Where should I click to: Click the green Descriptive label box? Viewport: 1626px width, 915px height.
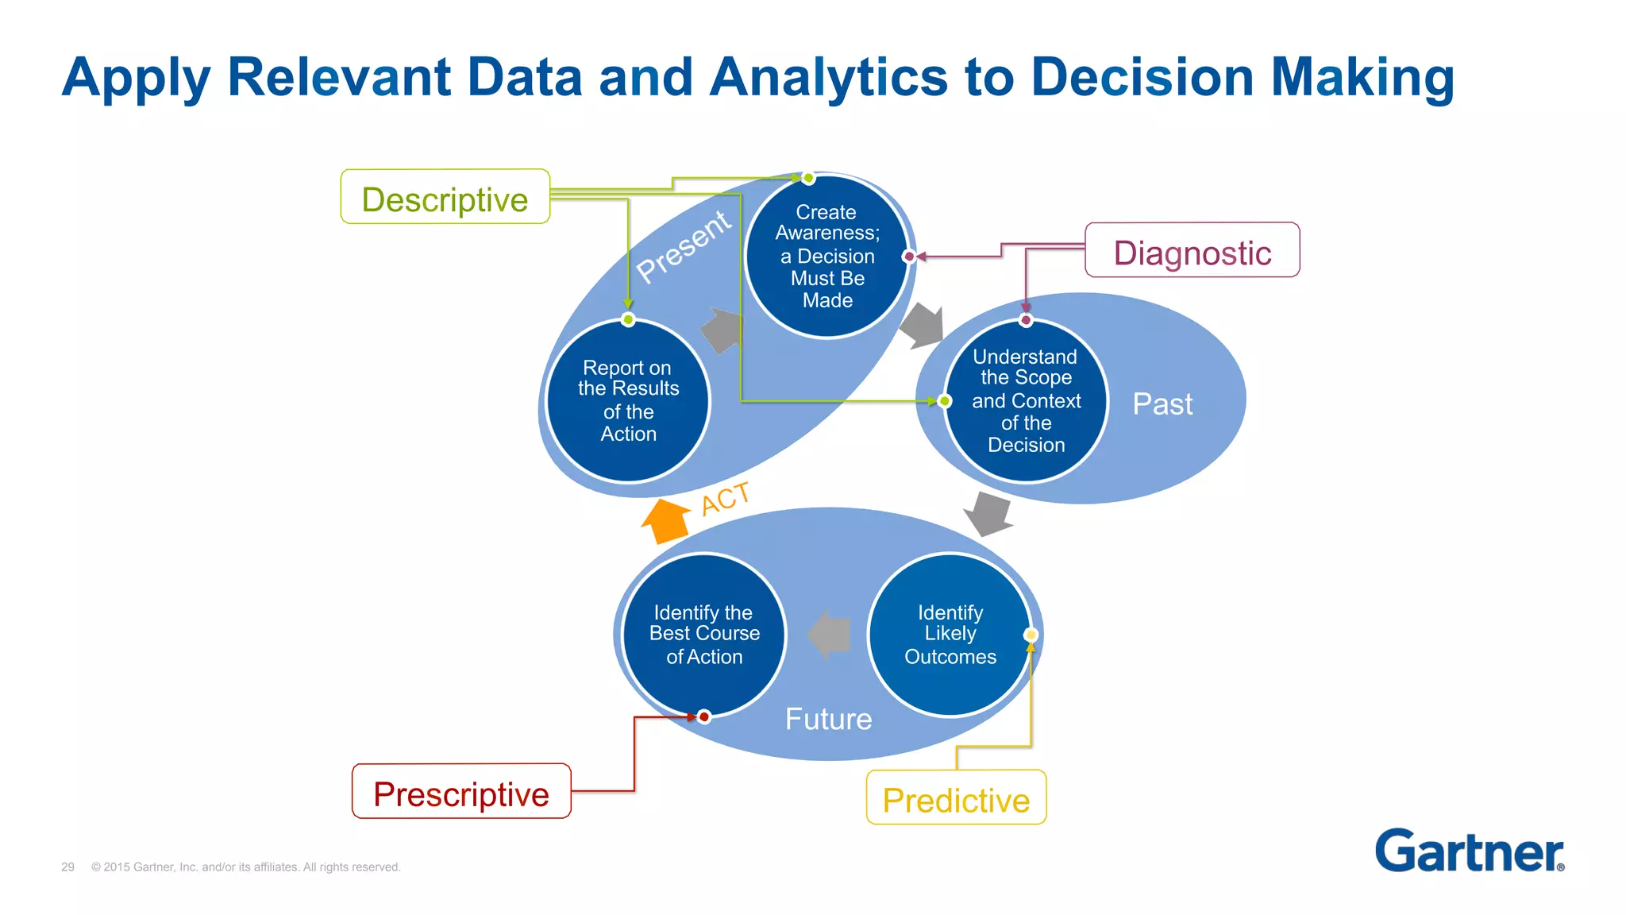coord(445,197)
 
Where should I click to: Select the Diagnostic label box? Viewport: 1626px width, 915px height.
coord(1192,251)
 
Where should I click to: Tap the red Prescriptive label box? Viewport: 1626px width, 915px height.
coord(461,792)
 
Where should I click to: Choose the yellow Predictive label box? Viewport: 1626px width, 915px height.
coord(956,798)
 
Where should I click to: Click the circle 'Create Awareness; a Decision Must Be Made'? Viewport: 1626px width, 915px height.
coord(826,256)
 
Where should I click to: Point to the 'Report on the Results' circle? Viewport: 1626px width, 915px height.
coord(628,400)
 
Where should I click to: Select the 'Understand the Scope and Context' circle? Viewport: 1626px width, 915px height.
coord(1026,400)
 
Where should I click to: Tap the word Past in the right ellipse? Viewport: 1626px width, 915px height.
coord(1162,404)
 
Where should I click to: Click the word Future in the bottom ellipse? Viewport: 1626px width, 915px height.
coord(828,719)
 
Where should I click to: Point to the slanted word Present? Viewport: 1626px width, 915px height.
coord(683,245)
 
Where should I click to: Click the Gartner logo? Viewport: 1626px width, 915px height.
coord(1469,851)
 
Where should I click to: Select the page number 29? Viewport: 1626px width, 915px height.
coord(67,867)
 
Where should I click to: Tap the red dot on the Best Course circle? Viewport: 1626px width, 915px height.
coord(704,716)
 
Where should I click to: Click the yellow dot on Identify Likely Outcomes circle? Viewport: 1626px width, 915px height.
coord(1031,635)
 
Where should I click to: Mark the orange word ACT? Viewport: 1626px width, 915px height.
coord(725,499)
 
